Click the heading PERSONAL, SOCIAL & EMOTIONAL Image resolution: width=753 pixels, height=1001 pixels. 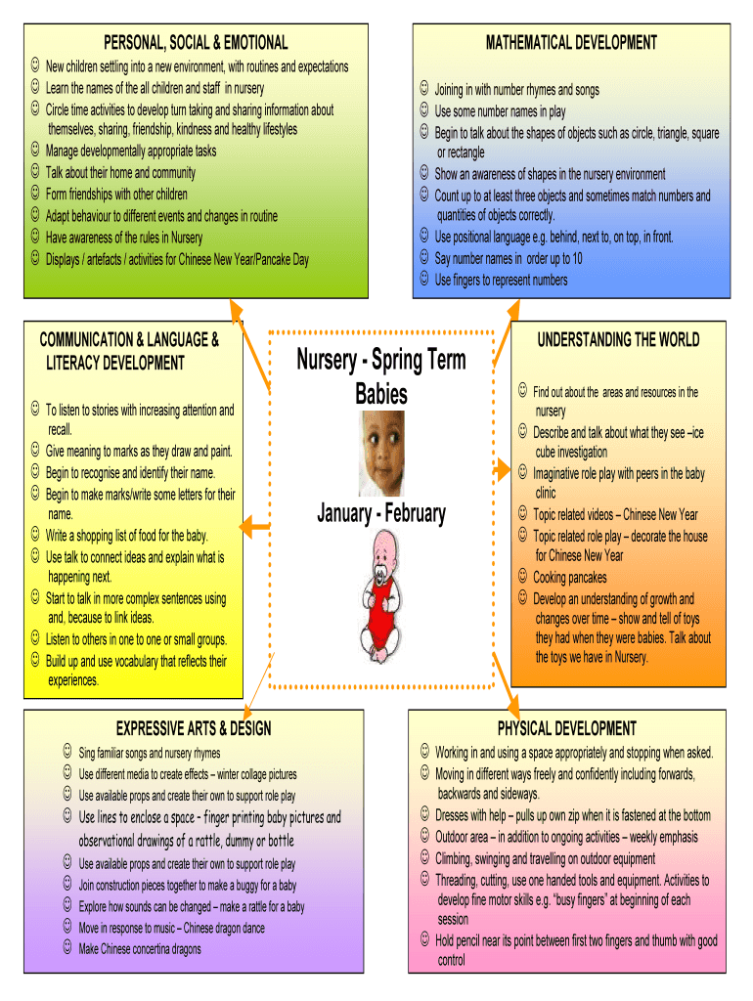click(196, 42)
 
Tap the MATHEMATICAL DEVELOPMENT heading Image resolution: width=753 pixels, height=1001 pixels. click(571, 42)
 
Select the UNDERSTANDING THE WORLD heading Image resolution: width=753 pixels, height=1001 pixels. click(618, 339)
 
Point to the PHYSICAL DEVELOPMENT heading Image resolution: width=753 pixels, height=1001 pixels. click(566, 728)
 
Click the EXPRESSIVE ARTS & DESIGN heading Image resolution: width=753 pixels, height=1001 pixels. click(194, 728)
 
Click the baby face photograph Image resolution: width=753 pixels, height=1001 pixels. click(380, 453)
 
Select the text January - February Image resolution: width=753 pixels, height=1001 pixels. click(380, 513)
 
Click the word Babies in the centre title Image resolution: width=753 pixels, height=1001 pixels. click(380, 394)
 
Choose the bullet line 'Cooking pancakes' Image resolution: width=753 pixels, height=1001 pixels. click(569, 577)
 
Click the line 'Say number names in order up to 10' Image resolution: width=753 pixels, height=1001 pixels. click(508, 259)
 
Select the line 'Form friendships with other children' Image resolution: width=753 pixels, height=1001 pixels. click(116, 194)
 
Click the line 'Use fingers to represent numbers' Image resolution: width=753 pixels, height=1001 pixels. click(500, 281)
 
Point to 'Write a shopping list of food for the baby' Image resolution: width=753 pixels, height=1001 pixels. click(126, 536)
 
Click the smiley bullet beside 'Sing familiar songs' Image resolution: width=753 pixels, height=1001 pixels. click(66, 752)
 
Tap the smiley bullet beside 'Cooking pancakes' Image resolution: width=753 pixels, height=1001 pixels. click(523, 576)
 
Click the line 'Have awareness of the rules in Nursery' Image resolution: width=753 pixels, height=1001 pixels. click(124, 238)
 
